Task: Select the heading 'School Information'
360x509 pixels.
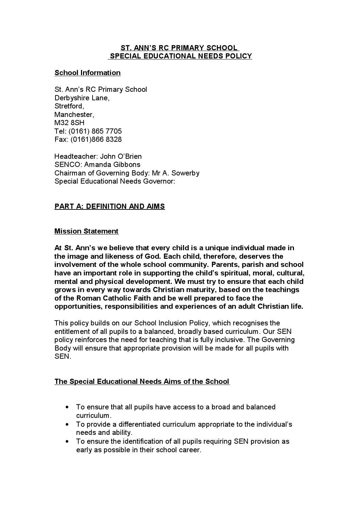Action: pos(87,73)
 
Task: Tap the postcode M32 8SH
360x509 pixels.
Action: pos(69,123)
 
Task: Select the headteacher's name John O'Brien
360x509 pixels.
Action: pos(121,156)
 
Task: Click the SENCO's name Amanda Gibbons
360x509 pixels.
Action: pos(112,165)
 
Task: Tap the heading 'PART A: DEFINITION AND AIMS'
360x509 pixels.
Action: pos(110,206)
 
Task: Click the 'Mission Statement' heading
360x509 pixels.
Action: pos(86,231)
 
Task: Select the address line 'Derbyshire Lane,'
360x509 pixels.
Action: pos(82,98)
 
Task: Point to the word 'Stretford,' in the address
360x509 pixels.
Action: pos(69,106)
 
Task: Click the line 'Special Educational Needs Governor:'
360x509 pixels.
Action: pos(115,181)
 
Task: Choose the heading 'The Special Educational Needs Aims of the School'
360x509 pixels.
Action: pos(142,381)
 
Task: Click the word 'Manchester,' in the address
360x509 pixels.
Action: pos(74,115)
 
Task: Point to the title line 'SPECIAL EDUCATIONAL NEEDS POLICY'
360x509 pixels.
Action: pos(180,56)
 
